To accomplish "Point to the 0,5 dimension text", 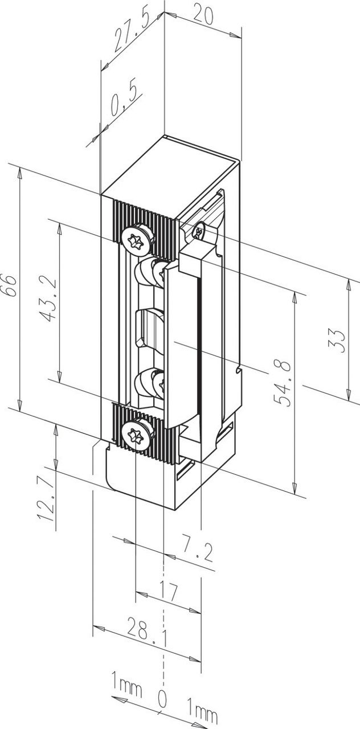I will click(x=118, y=102).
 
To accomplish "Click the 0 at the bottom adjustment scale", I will click(x=162, y=699).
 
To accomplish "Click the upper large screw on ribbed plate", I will click(x=138, y=239).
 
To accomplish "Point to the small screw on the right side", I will click(x=199, y=231).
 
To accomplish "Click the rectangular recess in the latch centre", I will click(x=150, y=330).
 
